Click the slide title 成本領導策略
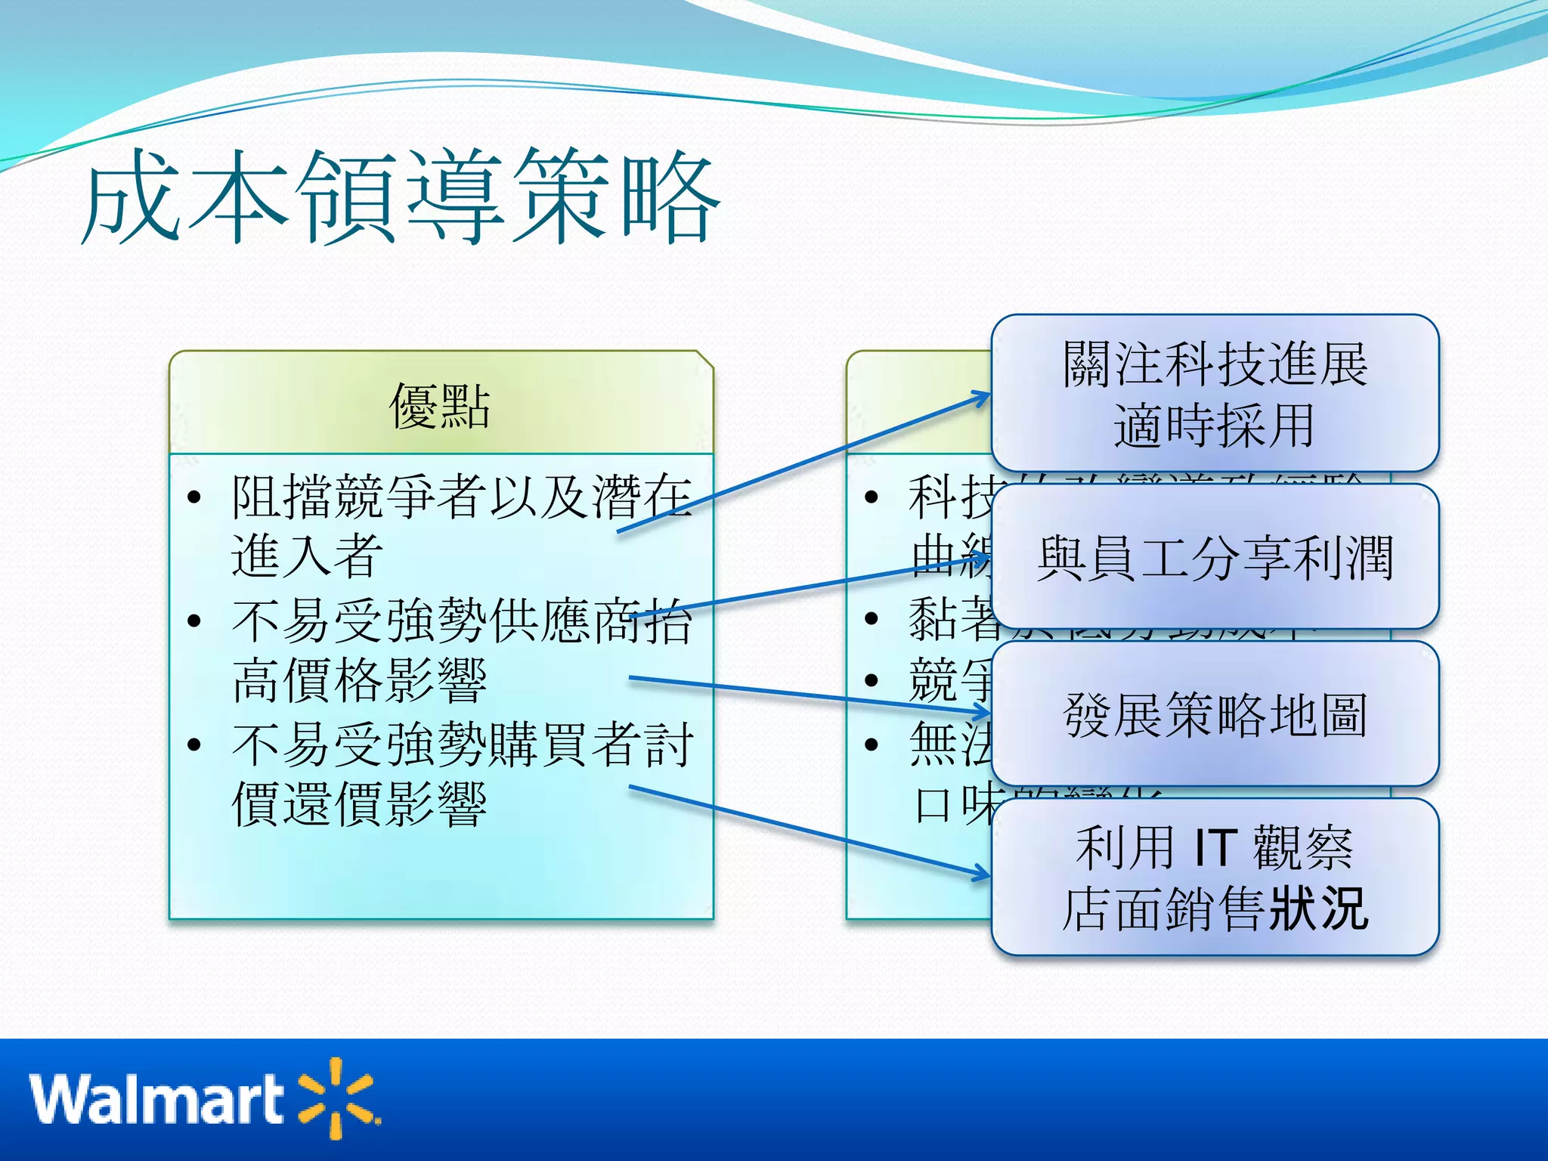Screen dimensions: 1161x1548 point(401,198)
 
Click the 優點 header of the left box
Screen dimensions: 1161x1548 point(440,406)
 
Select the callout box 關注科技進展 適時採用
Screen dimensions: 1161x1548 point(1215,394)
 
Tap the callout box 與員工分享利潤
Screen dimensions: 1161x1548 point(1215,558)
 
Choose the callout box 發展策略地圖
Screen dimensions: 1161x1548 point(1215,714)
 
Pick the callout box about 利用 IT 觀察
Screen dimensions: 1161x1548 point(1215,877)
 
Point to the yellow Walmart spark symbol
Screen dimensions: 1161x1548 point(337,1098)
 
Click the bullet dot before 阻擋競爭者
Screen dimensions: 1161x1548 point(194,497)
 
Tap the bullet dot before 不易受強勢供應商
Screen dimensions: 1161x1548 point(194,621)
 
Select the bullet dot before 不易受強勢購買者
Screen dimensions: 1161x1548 point(194,745)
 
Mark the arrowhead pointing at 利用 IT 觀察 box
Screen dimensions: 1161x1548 point(983,875)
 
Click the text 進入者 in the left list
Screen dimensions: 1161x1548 point(307,556)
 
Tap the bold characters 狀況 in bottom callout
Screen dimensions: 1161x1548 point(1319,909)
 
